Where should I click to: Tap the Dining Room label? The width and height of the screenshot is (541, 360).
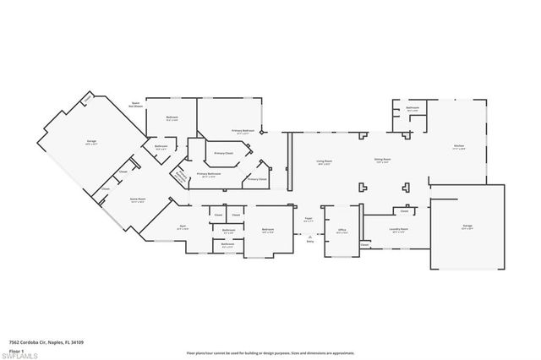pyautogui.click(x=382, y=159)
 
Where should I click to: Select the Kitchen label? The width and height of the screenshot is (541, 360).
pyautogui.click(x=458, y=146)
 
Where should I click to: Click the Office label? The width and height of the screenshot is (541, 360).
pyautogui.click(x=342, y=230)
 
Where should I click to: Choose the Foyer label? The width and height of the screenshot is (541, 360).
pyautogui.click(x=309, y=221)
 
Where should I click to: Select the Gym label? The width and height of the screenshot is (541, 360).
pyautogui.click(x=182, y=226)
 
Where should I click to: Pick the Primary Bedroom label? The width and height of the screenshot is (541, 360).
pyautogui.click(x=243, y=131)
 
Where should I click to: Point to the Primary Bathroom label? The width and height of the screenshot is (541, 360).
pyautogui.click(x=209, y=175)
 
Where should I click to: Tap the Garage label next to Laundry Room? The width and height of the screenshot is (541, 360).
pyautogui.click(x=467, y=226)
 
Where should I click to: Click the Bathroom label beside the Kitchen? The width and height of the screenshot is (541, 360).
pyautogui.click(x=413, y=108)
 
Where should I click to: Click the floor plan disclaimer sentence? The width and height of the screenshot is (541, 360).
pyautogui.click(x=270, y=352)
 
